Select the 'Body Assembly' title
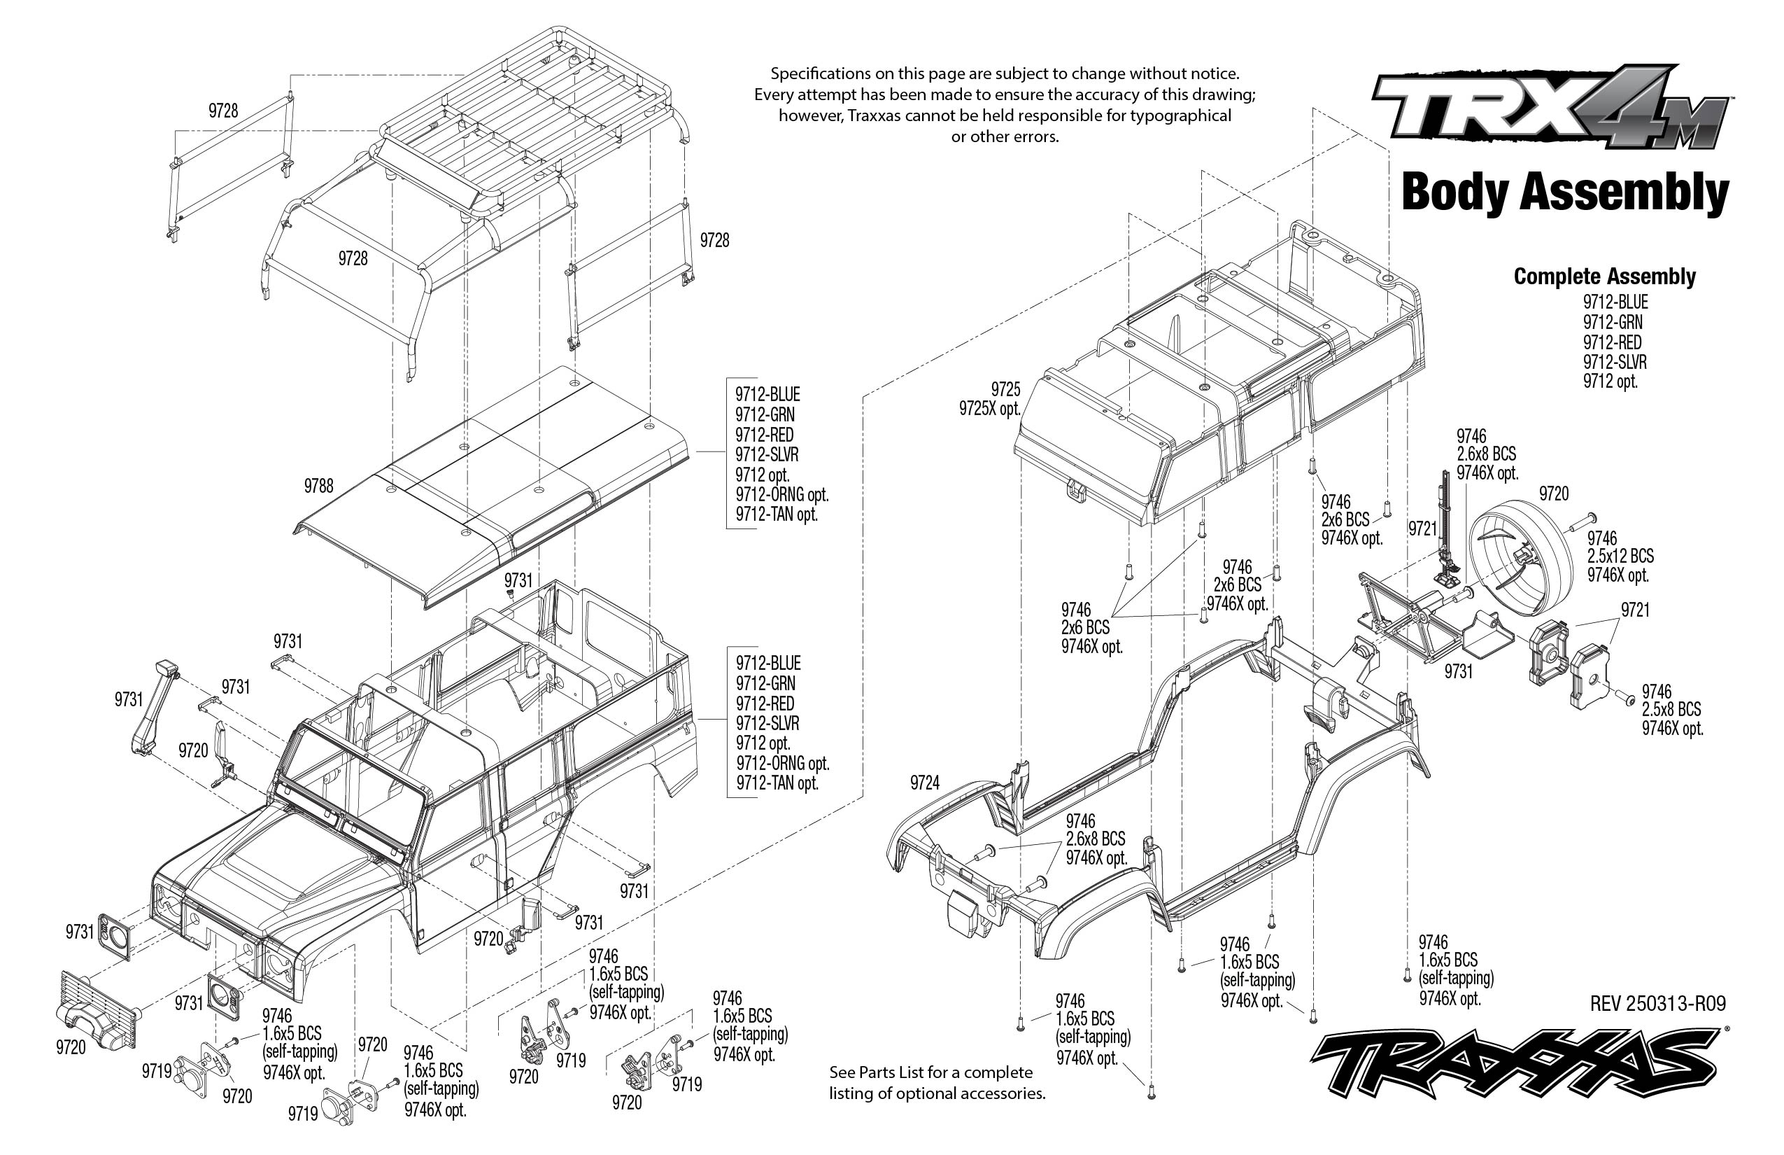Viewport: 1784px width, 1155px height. point(1564,192)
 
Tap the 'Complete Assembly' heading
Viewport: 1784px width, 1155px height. point(1604,276)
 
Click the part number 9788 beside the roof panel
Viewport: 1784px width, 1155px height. point(318,486)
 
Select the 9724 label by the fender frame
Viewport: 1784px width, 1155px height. point(924,783)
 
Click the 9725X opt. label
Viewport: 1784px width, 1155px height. point(989,409)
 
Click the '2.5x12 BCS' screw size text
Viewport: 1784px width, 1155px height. point(1620,556)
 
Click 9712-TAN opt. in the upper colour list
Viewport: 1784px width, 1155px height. point(776,514)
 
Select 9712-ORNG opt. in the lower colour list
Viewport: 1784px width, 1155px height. point(782,764)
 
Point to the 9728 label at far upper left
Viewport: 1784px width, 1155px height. point(223,111)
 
